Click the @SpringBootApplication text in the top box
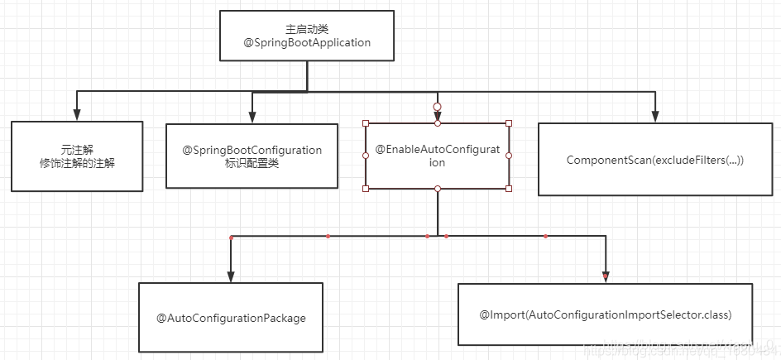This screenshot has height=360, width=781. tap(307, 42)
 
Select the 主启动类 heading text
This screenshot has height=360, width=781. tap(307, 27)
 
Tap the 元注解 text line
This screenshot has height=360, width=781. tap(76, 149)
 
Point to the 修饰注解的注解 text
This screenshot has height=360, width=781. tap(76, 163)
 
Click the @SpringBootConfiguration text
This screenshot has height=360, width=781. tap(252, 150)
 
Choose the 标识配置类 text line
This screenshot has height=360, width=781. tap(252, 163)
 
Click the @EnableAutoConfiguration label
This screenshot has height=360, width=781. tap(438, 156)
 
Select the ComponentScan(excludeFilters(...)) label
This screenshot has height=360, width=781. tap(655, 159)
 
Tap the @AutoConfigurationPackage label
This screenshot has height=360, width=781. tap(231, 318)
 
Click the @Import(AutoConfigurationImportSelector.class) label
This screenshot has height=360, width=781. tap(606, 314)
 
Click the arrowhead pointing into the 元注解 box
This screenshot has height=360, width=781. tap(77, 116)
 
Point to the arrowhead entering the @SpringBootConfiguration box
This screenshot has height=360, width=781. tap(252, 118)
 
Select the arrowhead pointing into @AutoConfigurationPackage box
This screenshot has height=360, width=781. tap(231, 276)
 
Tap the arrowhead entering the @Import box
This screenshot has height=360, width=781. tap(606, 276)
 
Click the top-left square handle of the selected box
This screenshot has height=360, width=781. tap(366, 123)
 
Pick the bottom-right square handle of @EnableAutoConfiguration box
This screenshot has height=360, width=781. tap(509, 189)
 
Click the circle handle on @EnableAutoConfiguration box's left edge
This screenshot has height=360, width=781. tap(366, 156)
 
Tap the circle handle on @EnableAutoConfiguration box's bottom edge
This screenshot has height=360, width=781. tap(438, 189)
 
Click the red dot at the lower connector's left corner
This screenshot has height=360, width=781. tap(231, 238)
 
